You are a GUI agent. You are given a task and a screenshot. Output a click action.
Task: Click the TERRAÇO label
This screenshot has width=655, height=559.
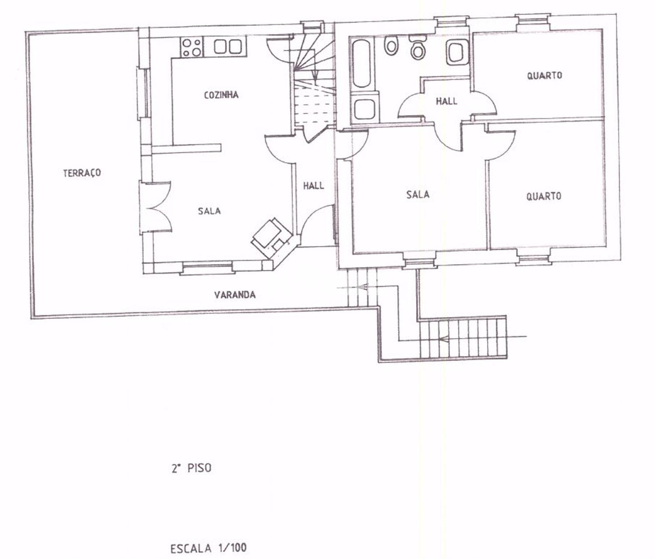pyautogui.click(x=82, y=173)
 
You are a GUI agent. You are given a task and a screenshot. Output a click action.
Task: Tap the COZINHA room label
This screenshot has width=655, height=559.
pyautogui.click(x=221, y=95)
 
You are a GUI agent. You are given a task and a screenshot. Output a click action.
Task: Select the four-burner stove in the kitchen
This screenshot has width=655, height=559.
pyautogui.click(x=192, y=47)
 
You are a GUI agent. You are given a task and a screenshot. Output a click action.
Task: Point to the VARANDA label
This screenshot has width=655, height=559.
pyautogui.click(x=235, y=295)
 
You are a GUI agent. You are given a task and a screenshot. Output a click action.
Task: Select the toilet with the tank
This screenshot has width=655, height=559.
pyautogui.click(x=417, y=47)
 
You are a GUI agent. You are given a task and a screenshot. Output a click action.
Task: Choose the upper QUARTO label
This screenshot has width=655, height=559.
pyautogui.click(x=544, y=75)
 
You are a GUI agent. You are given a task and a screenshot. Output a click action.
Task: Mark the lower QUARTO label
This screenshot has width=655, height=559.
pyautogui.click(x=544, y=196)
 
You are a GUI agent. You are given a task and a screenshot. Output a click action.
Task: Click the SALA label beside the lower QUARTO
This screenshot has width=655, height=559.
pyautogui.click(x=418, y=195)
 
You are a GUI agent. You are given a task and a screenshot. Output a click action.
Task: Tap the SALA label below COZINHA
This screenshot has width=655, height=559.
pyautogui.click(x=209, y=211)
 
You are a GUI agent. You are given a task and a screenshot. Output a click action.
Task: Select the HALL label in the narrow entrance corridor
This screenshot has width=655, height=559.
pyautogui.click(x=314, y=186)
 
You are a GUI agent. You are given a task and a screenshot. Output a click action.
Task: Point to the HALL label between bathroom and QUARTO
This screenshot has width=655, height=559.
pyautogui.click(x=447, y=101)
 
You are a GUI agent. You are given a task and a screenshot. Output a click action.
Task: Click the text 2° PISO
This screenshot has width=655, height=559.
pyautogui.click(x=191, y=468)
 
